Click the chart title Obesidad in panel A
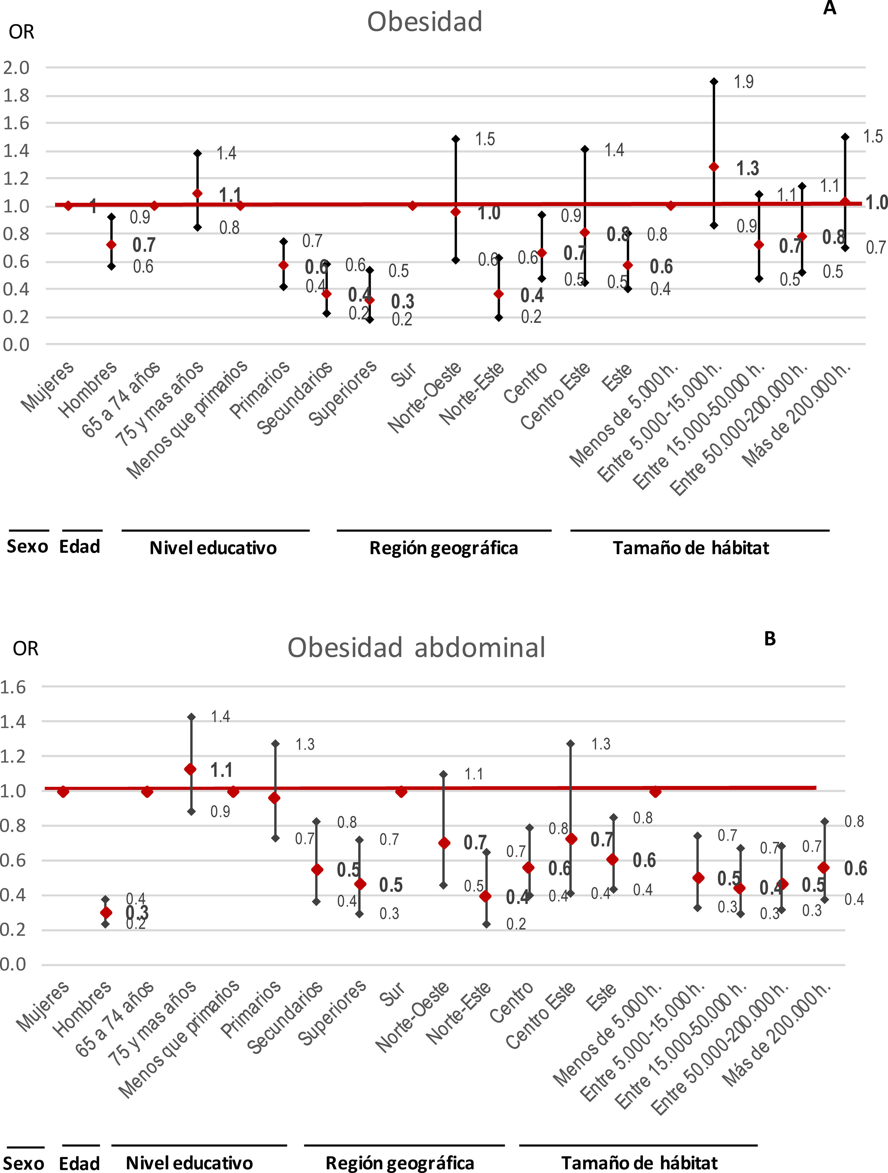coord(425,22)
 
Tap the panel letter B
coord(770,639)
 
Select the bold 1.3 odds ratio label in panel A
coord(748,169)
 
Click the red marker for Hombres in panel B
coord(106,913)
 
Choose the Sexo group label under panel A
coord(27,547)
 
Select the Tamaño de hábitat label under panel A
coord(691,548)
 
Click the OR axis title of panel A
coord(22,32)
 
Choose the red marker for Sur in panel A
coord(412,206)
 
